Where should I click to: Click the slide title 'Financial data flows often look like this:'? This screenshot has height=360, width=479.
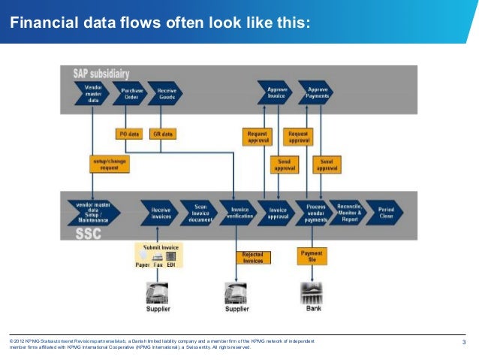click(158, 23)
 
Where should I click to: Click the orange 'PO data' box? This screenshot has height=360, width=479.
click(129, 134)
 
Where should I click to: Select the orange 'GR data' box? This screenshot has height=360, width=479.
click(163, 134)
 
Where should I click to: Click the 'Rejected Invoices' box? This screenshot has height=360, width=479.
click(252, 258)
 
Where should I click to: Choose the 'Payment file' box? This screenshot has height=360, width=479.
click(312, 256)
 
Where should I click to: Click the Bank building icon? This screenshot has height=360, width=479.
click(312, 292)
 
